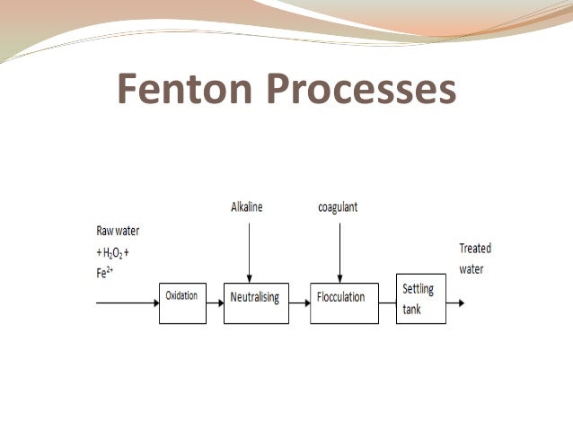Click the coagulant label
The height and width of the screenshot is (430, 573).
338,208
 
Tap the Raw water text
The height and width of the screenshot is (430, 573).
118,229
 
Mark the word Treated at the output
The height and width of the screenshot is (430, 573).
475,249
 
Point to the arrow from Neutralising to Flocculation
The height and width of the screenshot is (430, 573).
296,303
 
